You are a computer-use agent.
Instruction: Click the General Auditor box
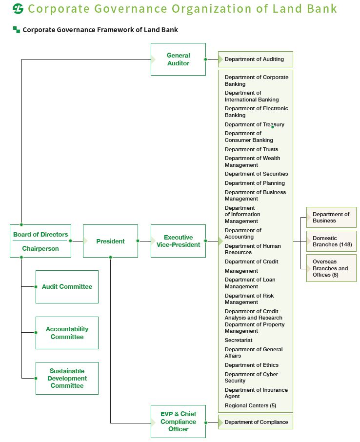pos(178,59)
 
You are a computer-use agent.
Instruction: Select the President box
pos(110,241)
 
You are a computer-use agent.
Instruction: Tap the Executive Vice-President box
pos(178,241)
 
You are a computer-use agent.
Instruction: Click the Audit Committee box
pos(67,287)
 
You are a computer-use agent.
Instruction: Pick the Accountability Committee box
pos(67,333)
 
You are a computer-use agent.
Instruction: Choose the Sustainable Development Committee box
pos(67,378)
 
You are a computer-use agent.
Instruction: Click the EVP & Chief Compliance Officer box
pos(178,422)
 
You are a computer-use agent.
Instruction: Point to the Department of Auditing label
pos(254,59)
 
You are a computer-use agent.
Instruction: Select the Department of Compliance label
pos(256,422)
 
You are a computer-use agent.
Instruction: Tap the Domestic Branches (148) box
pos(332,241)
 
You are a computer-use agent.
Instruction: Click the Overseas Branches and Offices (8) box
pos(332,268)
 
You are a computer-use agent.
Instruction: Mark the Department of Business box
pos(331,217)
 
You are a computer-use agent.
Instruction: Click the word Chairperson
pos(40,249)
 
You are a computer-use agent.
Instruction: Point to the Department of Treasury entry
pos(254,124)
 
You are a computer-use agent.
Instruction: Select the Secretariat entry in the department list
pos(239,340)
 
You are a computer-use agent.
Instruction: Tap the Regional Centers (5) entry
pos(250,405)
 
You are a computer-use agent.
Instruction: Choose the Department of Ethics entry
pos(251,365)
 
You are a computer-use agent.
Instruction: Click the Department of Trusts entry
pos(251,149)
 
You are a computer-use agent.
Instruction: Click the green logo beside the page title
pos(18,9)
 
